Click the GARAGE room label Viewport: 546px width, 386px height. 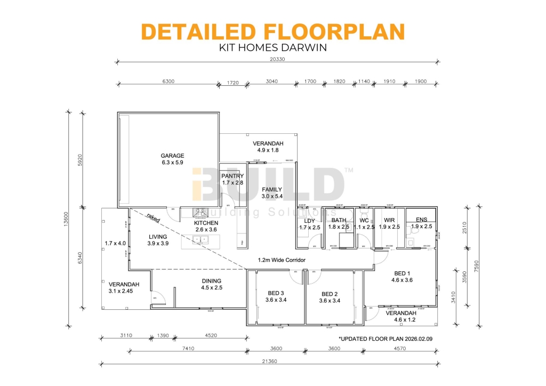coord(172,156)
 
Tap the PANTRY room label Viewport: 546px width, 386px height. coord(232,176)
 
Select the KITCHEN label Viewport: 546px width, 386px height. coord(206,223)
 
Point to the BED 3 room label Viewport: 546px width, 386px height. coord(276,293)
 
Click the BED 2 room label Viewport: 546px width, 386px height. coord(330,294)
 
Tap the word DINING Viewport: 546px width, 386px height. coord(211,281)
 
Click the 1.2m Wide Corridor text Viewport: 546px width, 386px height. coord(282,260)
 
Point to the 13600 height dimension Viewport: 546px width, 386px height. coord(65,218)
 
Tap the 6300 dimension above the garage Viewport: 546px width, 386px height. coord(168,82)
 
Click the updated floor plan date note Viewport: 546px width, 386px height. coord(385,339)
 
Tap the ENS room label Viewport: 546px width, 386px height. coord(421,219)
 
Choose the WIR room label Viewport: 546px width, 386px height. coord(389,220)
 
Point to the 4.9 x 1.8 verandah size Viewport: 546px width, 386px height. coord(268,150)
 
